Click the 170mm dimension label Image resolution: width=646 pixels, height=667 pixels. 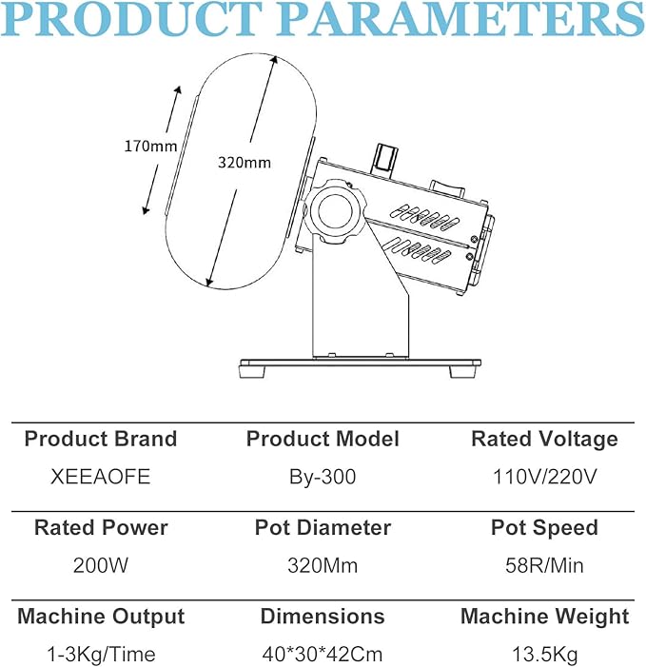click(150, 147)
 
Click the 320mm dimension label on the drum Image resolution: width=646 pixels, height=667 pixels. click(245, 163)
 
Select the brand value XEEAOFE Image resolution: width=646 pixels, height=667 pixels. click(100, 477)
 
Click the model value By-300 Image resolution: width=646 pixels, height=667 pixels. click(323, 477)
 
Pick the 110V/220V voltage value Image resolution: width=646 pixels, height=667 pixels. click(544, 477)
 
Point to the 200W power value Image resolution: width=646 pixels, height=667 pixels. click(100, 566)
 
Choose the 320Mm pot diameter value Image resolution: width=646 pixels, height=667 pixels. click(323, 566)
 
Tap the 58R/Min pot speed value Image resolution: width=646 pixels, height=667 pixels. click(544, 566)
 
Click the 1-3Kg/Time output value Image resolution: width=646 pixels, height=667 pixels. click(101, 655)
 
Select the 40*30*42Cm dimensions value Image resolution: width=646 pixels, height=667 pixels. click(323, 655)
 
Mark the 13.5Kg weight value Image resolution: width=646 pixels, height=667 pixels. click(544, 655)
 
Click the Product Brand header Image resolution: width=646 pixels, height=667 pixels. click(100, 439)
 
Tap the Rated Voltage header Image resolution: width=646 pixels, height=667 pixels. click(544, 440)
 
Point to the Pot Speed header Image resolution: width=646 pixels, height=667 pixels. click(544, 528)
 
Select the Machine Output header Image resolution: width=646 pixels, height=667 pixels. click(101, 617)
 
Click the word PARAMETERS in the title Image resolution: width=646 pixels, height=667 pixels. click(461, 19)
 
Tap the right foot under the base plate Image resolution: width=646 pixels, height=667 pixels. click(462, 372)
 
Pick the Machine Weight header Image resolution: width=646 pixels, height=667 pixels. click(544, 617)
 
